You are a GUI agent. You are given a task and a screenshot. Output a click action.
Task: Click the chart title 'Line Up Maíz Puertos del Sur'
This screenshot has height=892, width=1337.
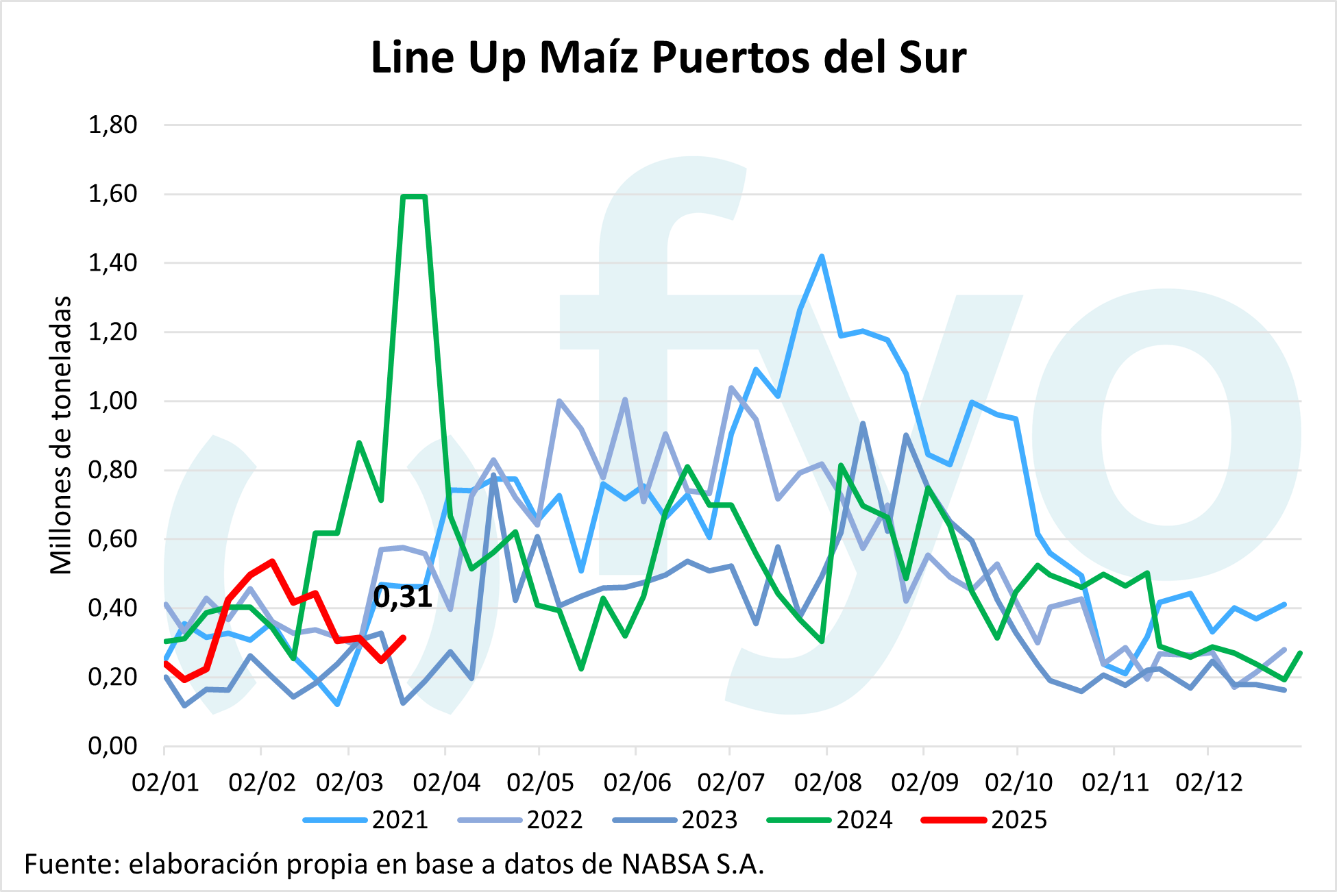(x=668, y=58)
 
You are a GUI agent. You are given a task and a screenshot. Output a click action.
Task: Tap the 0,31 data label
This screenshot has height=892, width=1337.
(x=403, y=597)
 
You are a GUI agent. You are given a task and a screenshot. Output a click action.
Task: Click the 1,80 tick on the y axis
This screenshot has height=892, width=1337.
(x=113, y=125)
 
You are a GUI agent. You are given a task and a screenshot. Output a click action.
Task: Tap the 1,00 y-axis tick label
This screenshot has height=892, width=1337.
(x=113, y=401)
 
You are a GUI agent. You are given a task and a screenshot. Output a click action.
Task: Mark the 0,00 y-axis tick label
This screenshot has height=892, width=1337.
(x=113, y=746)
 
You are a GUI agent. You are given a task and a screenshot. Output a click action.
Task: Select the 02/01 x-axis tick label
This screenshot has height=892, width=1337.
(x=165, y=782)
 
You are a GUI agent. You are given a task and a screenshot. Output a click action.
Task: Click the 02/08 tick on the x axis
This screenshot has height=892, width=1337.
(x=827, y=782)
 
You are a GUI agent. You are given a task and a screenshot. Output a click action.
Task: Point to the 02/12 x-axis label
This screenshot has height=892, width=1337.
(x=1209, y=782)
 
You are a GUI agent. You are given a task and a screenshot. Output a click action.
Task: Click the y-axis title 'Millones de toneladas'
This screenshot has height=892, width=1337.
(x=62, y=435)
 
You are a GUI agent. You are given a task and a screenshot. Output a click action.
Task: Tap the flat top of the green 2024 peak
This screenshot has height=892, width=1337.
(x=414, y=197)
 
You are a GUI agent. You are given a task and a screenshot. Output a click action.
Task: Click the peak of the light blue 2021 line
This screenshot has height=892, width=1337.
(x=822, y=256)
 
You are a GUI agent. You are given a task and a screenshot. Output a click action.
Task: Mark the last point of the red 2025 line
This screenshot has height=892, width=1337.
(x=404, y=638)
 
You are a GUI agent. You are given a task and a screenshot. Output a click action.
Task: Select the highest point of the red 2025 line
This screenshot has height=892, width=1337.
(x=273, y=561)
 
